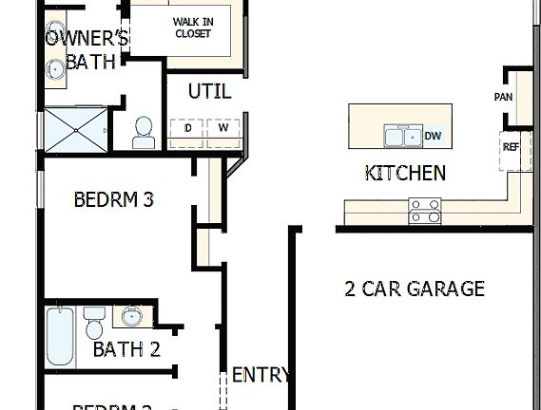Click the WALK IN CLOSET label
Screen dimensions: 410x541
[x=192, y=28]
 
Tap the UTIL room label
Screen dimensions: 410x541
[x=209, y=91]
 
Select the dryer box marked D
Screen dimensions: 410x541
[x=187, y=127]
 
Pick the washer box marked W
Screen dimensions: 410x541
[x=223, y=127]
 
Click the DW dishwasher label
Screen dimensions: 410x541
[x=433, y=137]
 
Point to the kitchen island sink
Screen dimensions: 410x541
[x=402, y=137]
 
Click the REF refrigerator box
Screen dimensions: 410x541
[x=511, y=147]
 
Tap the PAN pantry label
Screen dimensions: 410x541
[x=503, y=97]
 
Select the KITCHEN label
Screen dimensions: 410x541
[x=405, y=173]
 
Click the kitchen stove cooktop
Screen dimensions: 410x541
[x=425, y=211]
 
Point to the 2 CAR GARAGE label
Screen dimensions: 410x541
[x=415, y=289]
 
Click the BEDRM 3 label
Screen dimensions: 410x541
[x=113, y=200]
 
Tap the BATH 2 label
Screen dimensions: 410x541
[x=126, y=349]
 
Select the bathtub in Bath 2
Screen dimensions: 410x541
[x=60, y=336]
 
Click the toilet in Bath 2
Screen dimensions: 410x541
[x=93, y=324]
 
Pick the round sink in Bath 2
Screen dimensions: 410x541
[x=130, y=316]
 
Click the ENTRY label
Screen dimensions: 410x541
[x=261, y=374]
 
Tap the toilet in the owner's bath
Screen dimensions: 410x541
[x=144, y=132]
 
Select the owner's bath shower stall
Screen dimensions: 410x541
[x=74, y=129]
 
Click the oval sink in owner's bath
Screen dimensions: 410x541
[x=53, y=68]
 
